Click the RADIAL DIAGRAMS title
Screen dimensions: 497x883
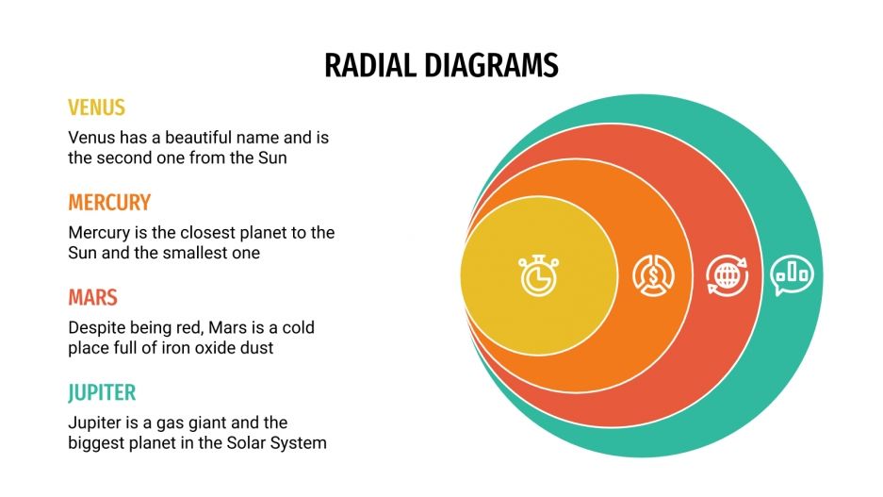(x=441, y=64)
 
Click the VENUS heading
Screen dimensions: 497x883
(x=96, y=108)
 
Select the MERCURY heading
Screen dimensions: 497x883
(x=109, y=203)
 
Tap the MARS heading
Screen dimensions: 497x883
(x=92, y=298)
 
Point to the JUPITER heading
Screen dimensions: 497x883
(x=102, y=392)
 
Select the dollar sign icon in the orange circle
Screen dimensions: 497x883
(x=653, y=274)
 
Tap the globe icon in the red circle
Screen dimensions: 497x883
(x=728, y=275)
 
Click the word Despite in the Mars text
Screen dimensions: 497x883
(x=97, y=327)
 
